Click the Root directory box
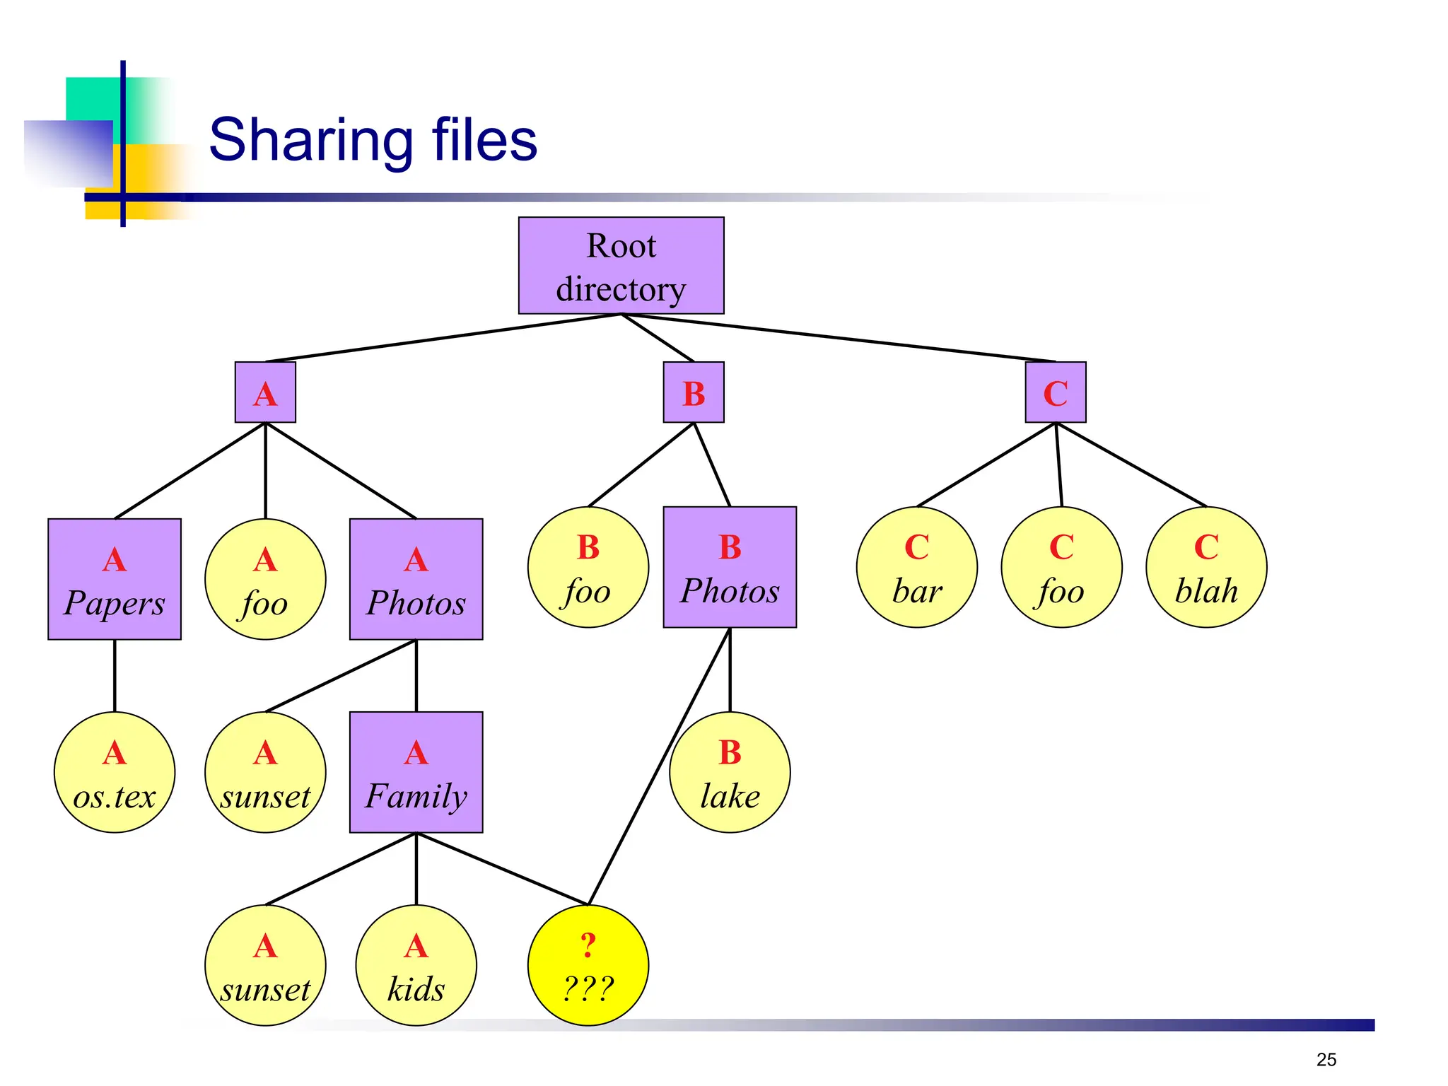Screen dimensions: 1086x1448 pyautogui.click(x=621, y=266)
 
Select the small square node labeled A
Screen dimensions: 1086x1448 pyautogui.click(x=265, y=392)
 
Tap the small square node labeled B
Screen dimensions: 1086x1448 pyautogui.click(x=693, y=392)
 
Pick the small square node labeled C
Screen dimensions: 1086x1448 pyautogui.click(x=1055, y=392)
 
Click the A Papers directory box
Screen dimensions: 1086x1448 pyautogui.click(x=115, y=579)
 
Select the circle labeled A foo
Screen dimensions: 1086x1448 pyautogui.click(x=265, y=579)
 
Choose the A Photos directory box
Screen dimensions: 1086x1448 pyautogui.click(x=416, y=579)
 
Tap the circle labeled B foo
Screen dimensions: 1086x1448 pyautogui.click(x=588, y=567)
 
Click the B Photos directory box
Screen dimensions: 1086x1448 pyautogui.click(x=730, y=567)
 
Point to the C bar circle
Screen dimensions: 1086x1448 pyautogui.click(x=916, y=567)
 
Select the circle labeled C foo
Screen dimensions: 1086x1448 pyautogui.click(x=1061, y=567)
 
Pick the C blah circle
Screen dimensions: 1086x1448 pyautogui.click(x=1206, y=567)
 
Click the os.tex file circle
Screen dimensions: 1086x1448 pyautogui.click(x=115, y=772)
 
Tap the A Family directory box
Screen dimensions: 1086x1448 pyautogui.click(x=416, y=772)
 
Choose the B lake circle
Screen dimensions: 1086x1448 pyautogui.click(x=730, y=772)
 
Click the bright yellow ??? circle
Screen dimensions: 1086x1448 pyautogui.click(x=588, y=965)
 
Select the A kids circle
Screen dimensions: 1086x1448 pyautogui.click(x=416, y=965)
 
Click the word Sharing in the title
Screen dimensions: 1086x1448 pyautogui.click(x=311, y=141)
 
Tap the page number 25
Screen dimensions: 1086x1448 pyautogui.click(x=1326, y=1059)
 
